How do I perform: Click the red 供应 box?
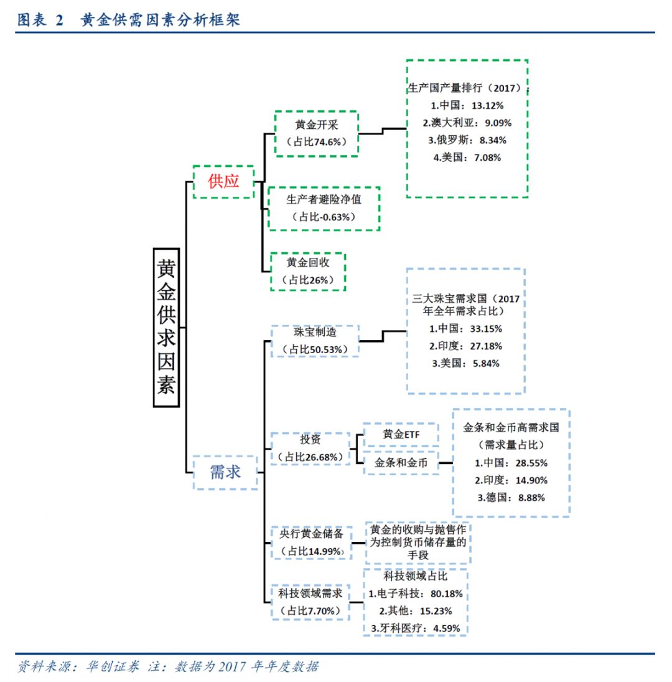223,181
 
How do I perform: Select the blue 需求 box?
225,472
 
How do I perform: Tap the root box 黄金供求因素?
166,327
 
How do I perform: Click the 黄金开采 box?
317,133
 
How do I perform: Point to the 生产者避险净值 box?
324,208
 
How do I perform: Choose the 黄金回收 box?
308,271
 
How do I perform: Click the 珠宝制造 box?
315,341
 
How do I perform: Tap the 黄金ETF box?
401,435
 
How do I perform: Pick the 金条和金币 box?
401,463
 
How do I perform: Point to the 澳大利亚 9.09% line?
467,123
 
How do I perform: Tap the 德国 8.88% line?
511,497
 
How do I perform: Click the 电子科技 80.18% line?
416,594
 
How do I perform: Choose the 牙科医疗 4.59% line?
415,628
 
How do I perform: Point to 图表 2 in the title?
40,21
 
